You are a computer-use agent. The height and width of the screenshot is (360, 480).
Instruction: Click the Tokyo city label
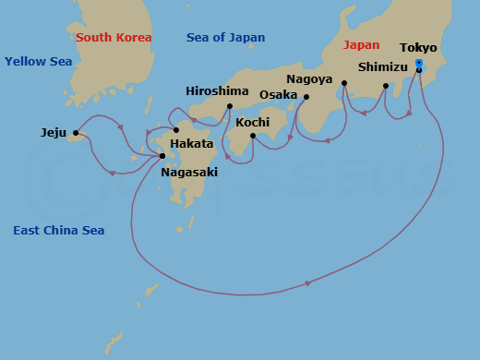(418, 47)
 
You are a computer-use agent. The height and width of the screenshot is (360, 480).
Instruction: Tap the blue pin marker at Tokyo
(419, 64)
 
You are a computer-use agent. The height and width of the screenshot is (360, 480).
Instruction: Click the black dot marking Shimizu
(386, 86)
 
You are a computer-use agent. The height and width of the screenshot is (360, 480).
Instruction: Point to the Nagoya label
(308, 78)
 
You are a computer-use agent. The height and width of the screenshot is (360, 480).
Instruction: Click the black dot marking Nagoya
(343, 83)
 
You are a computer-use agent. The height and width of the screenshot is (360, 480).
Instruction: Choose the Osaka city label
(279, 94)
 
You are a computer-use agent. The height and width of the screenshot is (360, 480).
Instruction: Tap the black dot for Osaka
(306, 97)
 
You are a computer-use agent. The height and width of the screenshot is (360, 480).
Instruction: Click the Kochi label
(253, 121)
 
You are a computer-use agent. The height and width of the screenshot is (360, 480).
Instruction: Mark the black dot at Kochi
(253, 136)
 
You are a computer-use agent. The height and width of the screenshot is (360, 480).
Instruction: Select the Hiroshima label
(216, 90)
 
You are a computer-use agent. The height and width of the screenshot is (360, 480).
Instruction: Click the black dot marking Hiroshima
(229, 106)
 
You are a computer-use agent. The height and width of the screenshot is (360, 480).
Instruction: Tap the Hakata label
(192, 143)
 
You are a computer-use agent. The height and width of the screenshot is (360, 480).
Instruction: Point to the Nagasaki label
(190, 172)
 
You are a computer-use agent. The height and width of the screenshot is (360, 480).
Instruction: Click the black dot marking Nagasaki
(162, 156)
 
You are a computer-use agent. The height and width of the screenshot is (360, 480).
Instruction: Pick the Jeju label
(54, 132)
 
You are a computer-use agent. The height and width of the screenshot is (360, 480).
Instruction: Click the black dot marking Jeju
(76, 133)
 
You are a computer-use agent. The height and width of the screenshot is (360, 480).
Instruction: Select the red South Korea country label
(114, 38)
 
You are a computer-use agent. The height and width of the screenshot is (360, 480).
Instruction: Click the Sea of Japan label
(225, 38)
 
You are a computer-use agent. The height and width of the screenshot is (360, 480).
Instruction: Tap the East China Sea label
(58, 230)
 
